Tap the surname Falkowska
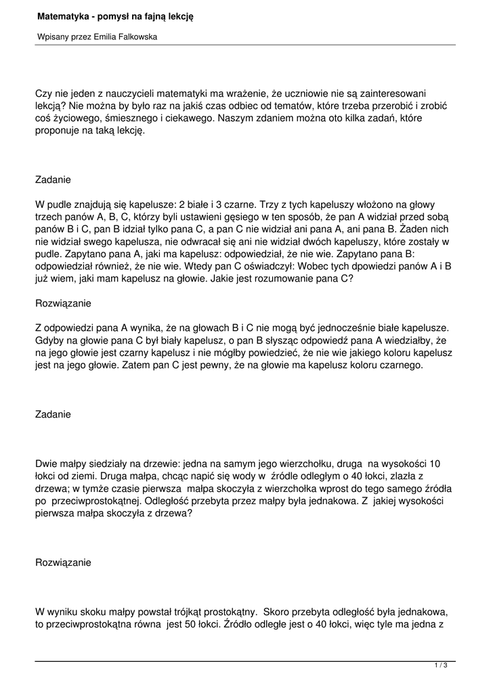[x=137, y=37]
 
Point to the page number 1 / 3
[x=442, y=667]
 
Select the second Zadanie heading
[x=53, y=413]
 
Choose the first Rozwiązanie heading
[x=63, y=303]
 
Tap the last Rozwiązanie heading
[x=63, y=562]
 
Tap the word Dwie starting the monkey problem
[x=47, y=464]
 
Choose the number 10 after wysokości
[x=435, y=464]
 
